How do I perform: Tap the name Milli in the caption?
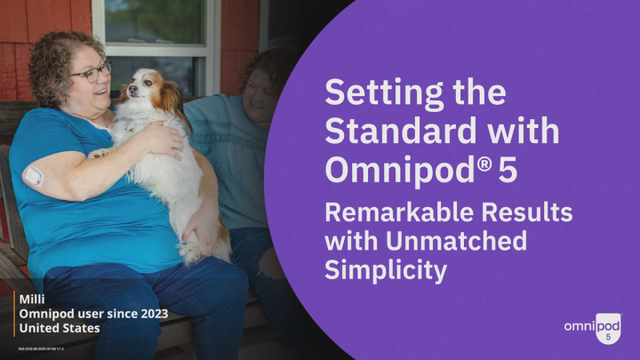[x=33, y=300]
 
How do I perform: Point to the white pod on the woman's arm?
[x=34, y=175]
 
